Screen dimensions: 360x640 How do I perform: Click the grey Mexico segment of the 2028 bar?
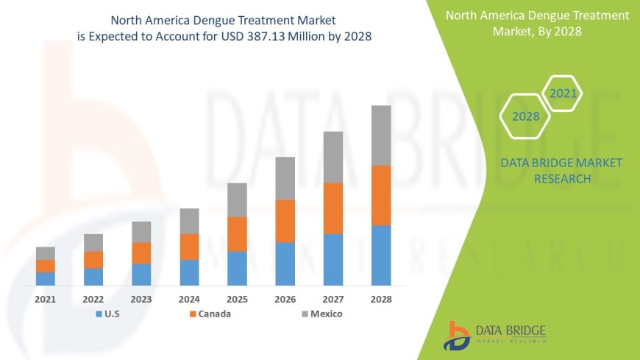(x=381, y=135)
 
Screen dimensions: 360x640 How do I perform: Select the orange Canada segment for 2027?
(x=333, y=208)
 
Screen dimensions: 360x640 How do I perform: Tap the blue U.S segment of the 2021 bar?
(x=46, y=278)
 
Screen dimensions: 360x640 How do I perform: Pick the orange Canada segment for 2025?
(x=237, y=234)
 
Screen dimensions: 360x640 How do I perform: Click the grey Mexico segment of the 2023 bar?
(x=141, y=232)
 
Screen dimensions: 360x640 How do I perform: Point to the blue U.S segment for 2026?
(x=285, y=264)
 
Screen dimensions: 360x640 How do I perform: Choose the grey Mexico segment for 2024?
(x=189, y=221)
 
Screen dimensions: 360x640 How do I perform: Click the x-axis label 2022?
(x=93, y=300)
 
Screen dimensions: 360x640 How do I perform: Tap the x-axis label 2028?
(x=381, y=300)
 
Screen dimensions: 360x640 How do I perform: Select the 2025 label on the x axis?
(x=237, y=300)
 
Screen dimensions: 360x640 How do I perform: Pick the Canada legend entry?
(x=210, y=314)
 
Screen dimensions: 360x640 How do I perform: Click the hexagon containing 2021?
(x=563, y=93)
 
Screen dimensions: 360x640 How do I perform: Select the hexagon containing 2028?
(x=525, y=116)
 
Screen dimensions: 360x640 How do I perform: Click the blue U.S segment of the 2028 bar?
(x=381, y=255)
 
